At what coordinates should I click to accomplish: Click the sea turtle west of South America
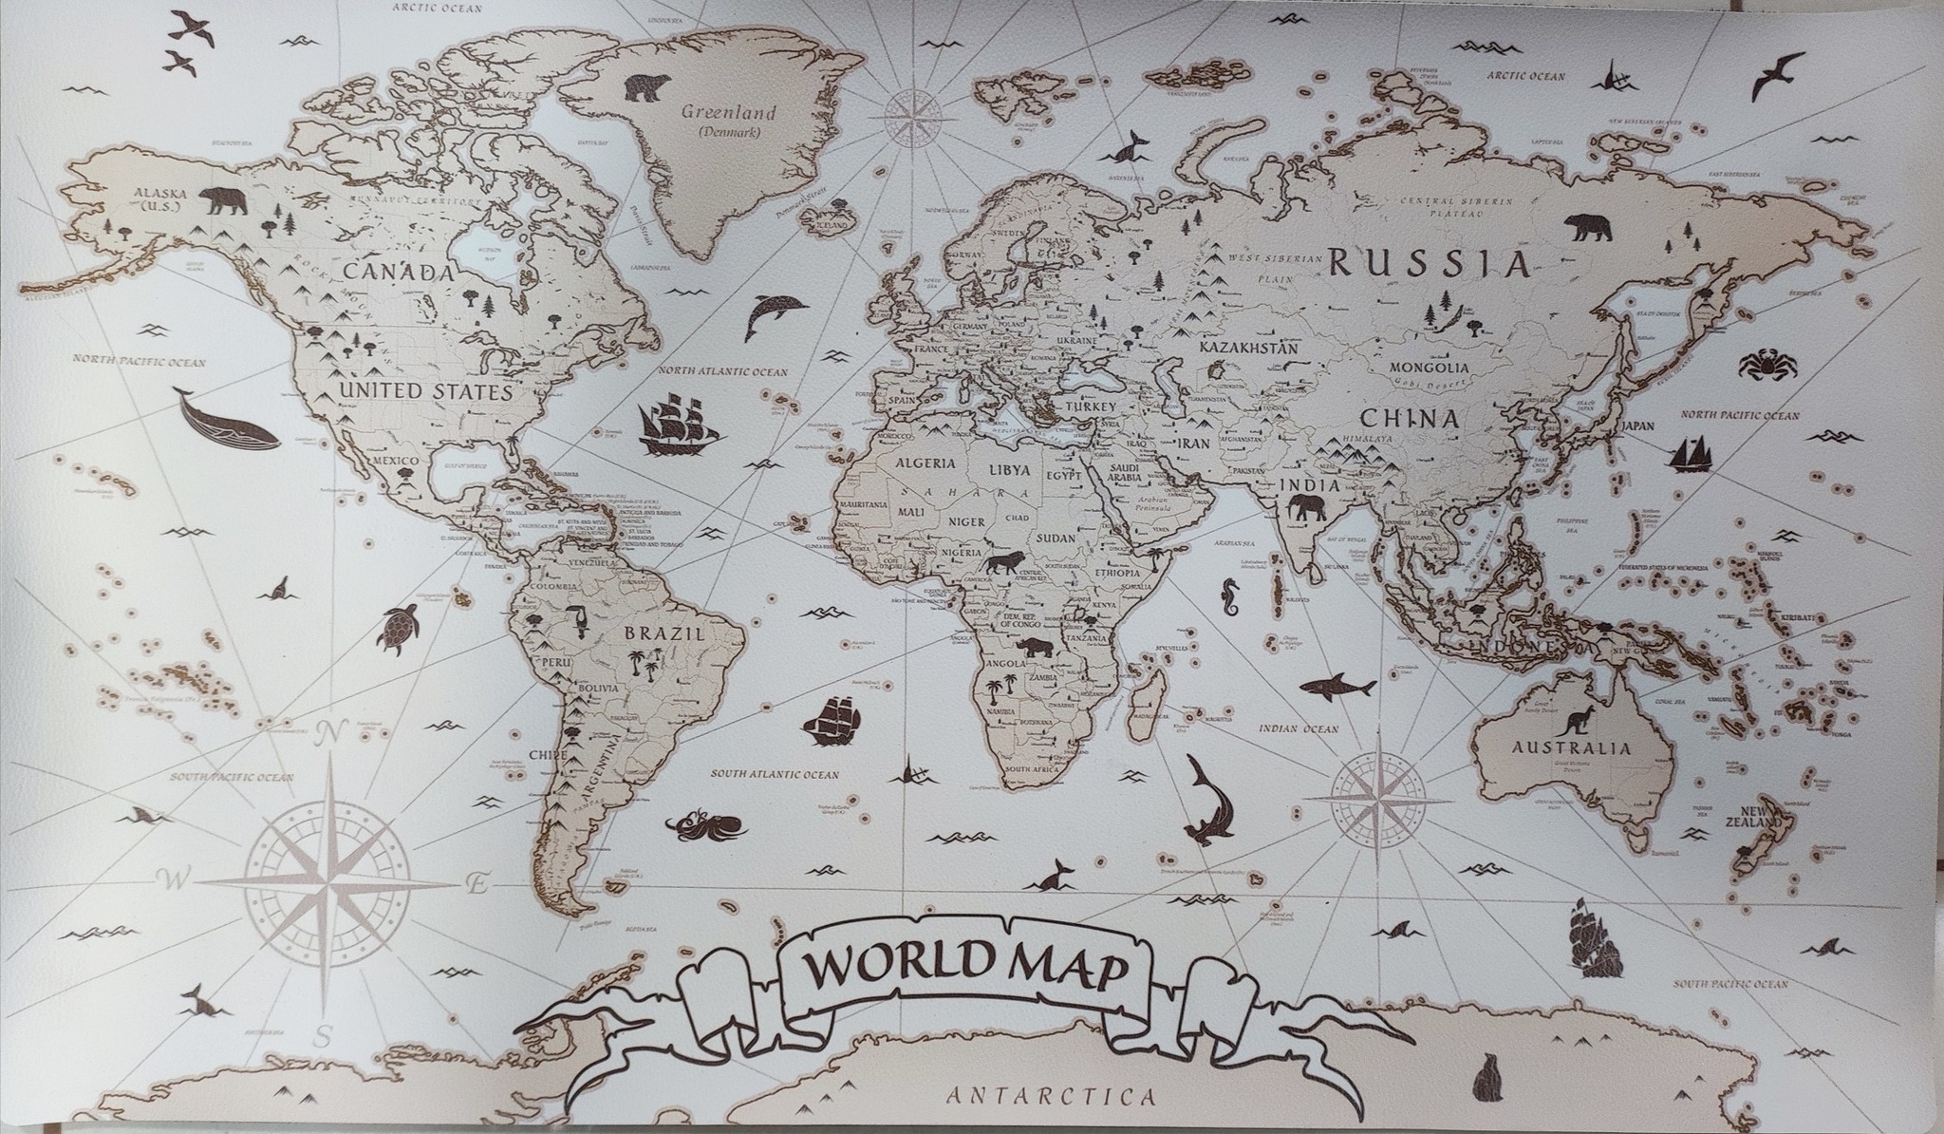click(403, 628)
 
